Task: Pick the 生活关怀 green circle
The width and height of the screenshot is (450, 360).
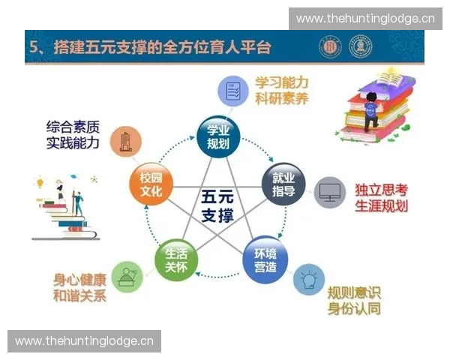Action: pyautogui.click(x=177, y=259)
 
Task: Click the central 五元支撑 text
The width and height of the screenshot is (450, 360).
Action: pyautogui.click(x=218, y=207)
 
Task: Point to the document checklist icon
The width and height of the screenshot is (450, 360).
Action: pyautogui.click(x=232, y=91)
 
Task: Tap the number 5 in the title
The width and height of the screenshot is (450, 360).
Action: pyautogui.click(x=34, y=48)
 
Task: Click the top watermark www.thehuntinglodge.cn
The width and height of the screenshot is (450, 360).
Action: pyautogui.click(x=365, y=18)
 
